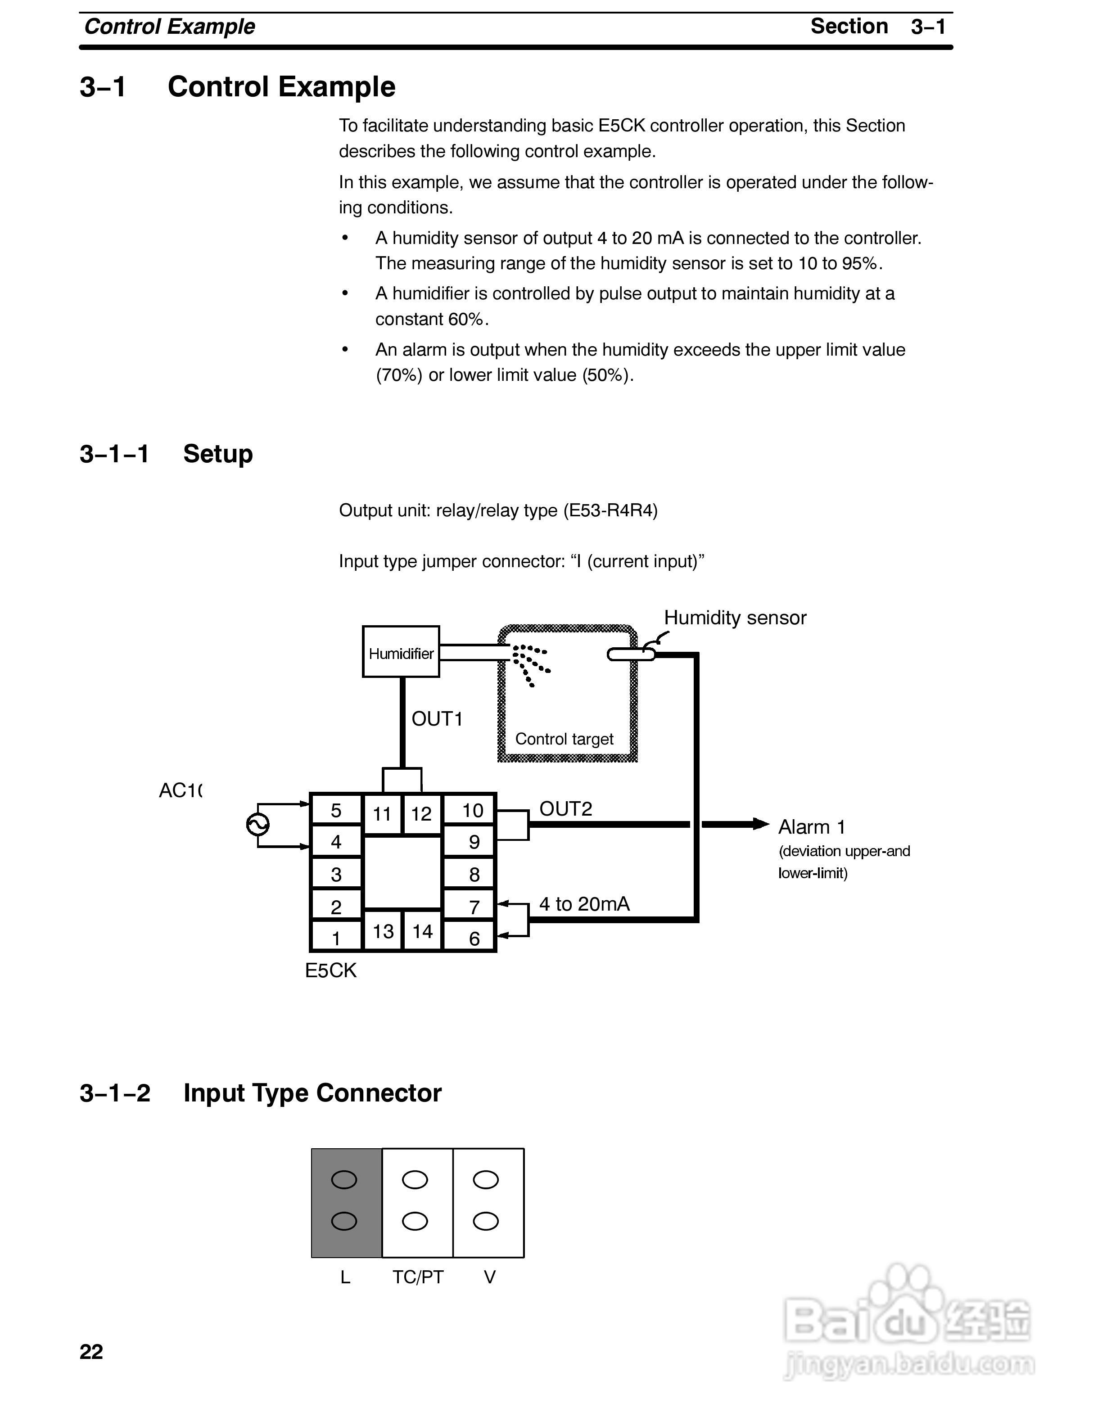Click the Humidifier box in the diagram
(x=401, y=652)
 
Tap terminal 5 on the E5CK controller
(x=336, y=810)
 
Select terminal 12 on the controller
(x=422, y=813)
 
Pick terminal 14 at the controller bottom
(x=422, y=931)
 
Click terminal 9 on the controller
(x=474, y=842)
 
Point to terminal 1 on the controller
(x=336, y=938)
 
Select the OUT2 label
(x=565, y=809)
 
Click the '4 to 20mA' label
(x=584, y=904)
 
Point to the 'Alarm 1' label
(x=812, y=827)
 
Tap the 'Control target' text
(x=564, y=739)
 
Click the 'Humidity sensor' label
(x=735, y=618)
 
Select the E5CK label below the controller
(x=331, y=970)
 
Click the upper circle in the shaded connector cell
(x=344, y=1180)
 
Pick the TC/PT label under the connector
(x=418, y=1277)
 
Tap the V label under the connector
(x=490, y=1277)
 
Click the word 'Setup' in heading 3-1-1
(x=218, y=454)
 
